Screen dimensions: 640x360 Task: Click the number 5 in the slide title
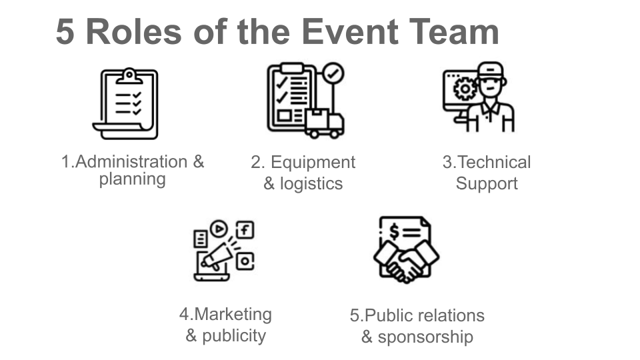click(66, 32)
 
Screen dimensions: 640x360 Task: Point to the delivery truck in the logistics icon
click(325, 123)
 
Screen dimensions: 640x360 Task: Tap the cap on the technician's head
click(491, 69)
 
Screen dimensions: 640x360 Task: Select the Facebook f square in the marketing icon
click(245, 231)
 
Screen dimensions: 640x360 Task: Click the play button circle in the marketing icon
click(219, 229)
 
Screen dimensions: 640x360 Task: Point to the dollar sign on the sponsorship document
click(395, 231)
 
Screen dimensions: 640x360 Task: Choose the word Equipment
click(313, 163)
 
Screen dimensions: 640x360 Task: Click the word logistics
click(311, 184)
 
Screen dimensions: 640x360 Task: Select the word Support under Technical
click(487, 184)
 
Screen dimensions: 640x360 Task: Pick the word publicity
click(233, 335)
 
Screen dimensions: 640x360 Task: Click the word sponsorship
click(425, 337)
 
